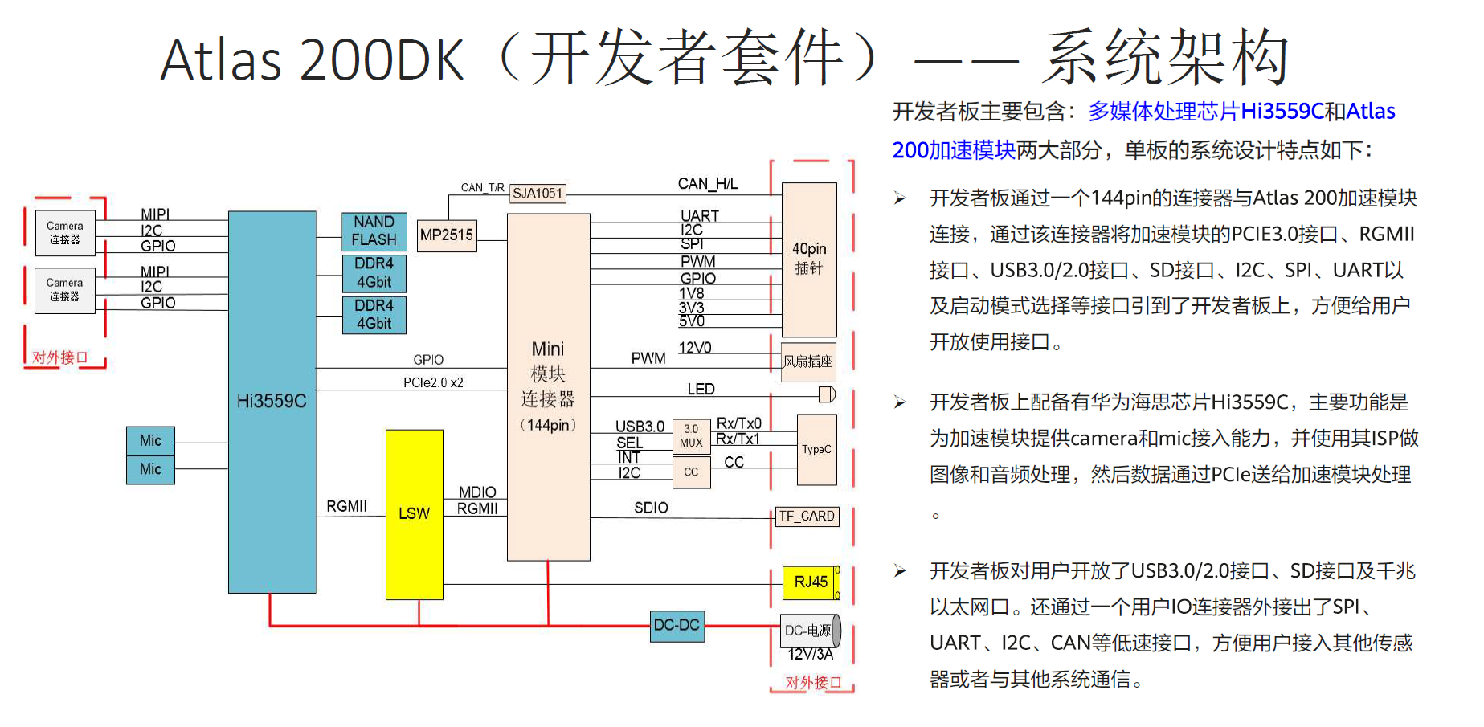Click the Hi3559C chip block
(x=272, y=402)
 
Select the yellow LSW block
(x=414, y=514)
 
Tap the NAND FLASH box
(x=374, y=231)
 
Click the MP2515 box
(x=447, y=235)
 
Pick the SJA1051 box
(x=538, y=194)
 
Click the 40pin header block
(x=809, y=259)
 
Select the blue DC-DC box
(x=677, y=625)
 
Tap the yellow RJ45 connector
(x=810, y=582)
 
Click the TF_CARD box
(x=807, y=517)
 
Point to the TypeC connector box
(x=816, y=450)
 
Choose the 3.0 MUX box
(x=691, y=435)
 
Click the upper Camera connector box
(x=65, y=233)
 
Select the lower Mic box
(x=150, y=469)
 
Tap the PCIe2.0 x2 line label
(x=433, y=383)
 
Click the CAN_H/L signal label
(x=707, y=184)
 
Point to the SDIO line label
(x=651, y=508)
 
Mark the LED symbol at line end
(x=827, y=394)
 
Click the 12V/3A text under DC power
(x=810, y=655)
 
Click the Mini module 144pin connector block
(x=548, y=386)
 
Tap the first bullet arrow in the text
(x=900, y=198)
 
